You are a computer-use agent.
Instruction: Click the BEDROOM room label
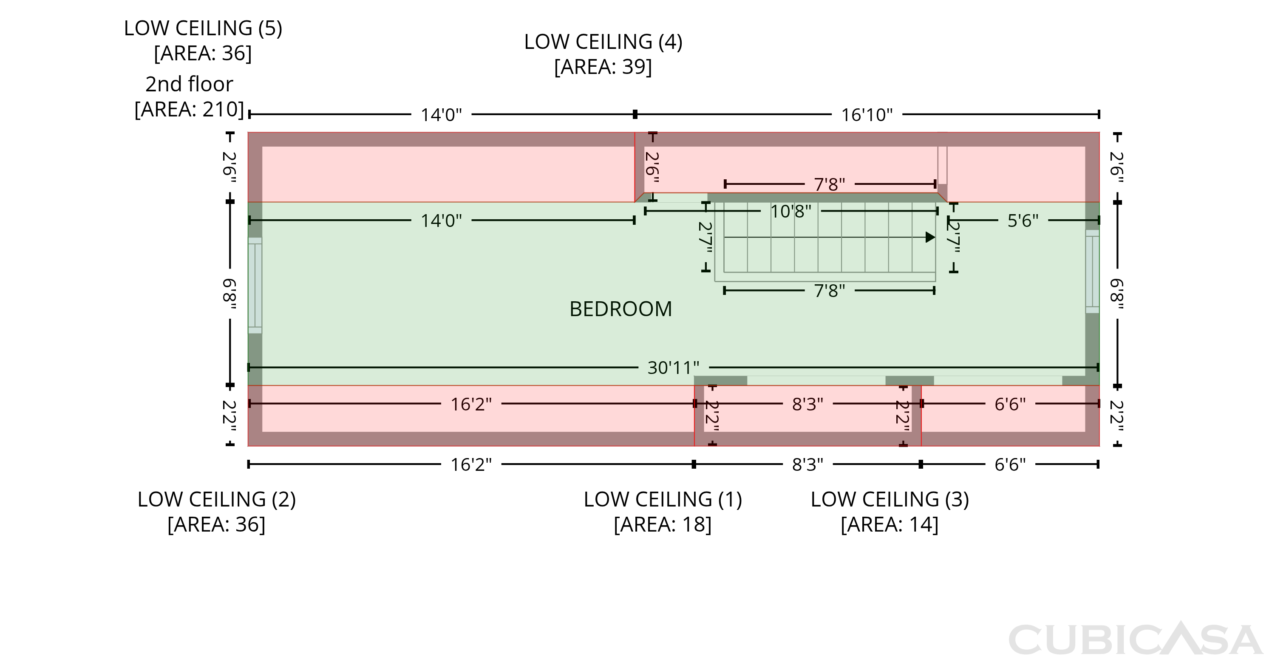click(x=620, y=309)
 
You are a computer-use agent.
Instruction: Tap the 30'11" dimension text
click(x=674, y=368)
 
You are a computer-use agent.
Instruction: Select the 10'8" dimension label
click(x=791, y=211)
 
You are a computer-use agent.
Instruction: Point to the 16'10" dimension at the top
click(x=867, y=115)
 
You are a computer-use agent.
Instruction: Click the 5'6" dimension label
click(x=1023, y=221)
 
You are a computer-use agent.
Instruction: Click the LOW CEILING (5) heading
click(x=203, y=28)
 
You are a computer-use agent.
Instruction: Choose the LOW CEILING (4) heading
click(x=603, y=42)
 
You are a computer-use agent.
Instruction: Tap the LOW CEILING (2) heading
click(x=217, y=499)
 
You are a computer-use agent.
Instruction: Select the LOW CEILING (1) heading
click(x=663, y=499)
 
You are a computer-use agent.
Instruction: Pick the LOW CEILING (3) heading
click(x=890, y=499)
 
